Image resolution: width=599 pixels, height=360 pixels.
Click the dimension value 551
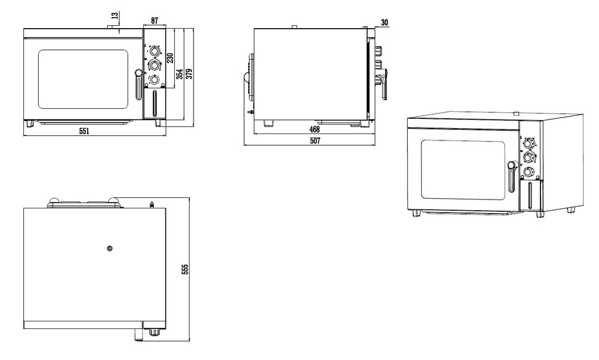84,131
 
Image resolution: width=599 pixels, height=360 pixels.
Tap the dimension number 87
154,20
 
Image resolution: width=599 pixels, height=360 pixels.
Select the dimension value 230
170,58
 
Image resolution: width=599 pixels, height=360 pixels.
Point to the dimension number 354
179,74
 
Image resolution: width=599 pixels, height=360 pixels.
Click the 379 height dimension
189,73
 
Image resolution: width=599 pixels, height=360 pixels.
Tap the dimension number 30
384,23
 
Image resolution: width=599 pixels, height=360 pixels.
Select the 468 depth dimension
314,129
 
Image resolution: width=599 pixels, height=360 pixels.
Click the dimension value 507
315,140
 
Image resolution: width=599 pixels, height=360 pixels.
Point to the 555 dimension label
185,269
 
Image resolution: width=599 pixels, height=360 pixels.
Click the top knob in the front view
154,51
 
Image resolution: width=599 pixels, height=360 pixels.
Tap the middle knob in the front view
154,66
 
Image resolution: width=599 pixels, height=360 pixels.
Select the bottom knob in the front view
154,80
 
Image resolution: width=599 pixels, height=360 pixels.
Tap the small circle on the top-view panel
110,248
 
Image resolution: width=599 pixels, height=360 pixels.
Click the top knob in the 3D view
528,143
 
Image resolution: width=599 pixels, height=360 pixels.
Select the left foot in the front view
29,124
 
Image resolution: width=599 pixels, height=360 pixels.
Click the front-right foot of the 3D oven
540,214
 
